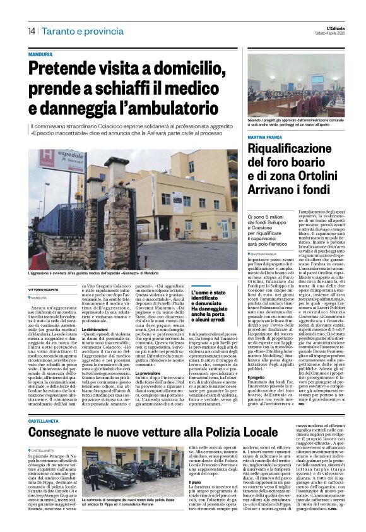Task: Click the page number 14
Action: pos(31,31)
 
